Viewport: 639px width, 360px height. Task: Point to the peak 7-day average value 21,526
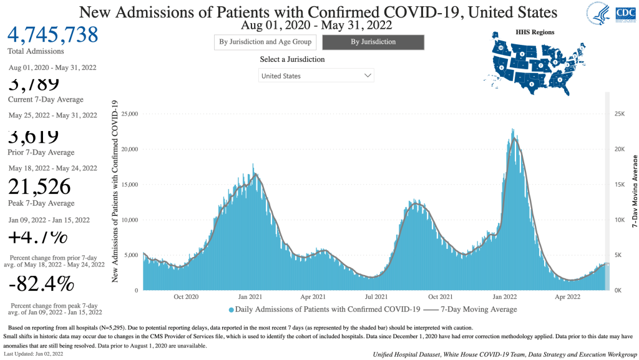pyautogui.click(x=39, y=186)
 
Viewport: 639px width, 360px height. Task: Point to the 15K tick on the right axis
pyautogui.click(x=618, y=185)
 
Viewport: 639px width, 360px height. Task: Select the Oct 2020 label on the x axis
pyautogui.click(x=186, y=297)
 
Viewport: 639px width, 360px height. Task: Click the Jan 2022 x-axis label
pyautogui.click(x=505, y=297)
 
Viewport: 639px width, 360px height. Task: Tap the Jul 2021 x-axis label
pyautogui.click(x=377, y=297)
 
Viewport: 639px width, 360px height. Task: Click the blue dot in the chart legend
pyautogui.click(x=232, y=309)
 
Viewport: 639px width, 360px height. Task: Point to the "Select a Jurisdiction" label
pyautogui.click(x=292, y=60)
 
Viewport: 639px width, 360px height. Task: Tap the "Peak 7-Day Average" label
pyautogui.click(x=41, y=203)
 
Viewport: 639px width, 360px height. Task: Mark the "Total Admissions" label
pyautogui.click(x=36, y=51)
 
